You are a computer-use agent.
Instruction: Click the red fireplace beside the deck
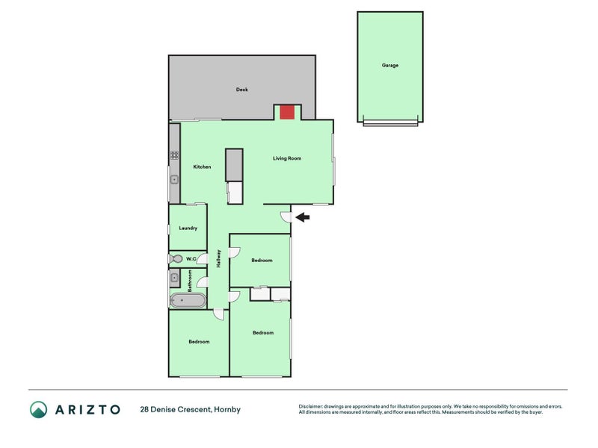pyautogui.click(x=286, y=112)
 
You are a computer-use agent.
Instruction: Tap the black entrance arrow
pyautogui.click(x=302, y=217)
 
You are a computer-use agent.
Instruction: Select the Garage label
pyautogui.click(x=390, y=66)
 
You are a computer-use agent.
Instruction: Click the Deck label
pyautogui.click(x=241, y=90)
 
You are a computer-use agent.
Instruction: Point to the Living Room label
pyautogui.click(x=286, y=158)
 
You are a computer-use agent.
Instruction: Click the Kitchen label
pyautogui.click(x=202, y=167)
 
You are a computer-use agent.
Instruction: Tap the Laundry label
pyautogui.click(x=188, y=228)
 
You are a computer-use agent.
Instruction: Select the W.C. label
pyautogui.click(x=191, y=259)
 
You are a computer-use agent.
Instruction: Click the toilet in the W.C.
pyautogui.click(x=176, y=258)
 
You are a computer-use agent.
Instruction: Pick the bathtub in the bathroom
pyautogui.click(x=187, y=300)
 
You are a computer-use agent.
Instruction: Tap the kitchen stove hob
pyautogui.click(x=174, y=155)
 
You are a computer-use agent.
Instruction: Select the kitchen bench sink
pyautogui.click(x=174, y=179)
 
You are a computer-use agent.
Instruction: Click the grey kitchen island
pyautogui.click(x=234, y=164)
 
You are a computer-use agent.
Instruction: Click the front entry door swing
pyautogui.click(x=286, y=217)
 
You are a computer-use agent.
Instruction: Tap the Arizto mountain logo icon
pyautogui.click(x=39, y=409)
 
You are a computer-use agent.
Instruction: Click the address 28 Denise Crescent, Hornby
pyautogui.click(x=190, y=409)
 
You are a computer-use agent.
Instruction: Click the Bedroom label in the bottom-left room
pyautogui.click(x=199, y=341)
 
